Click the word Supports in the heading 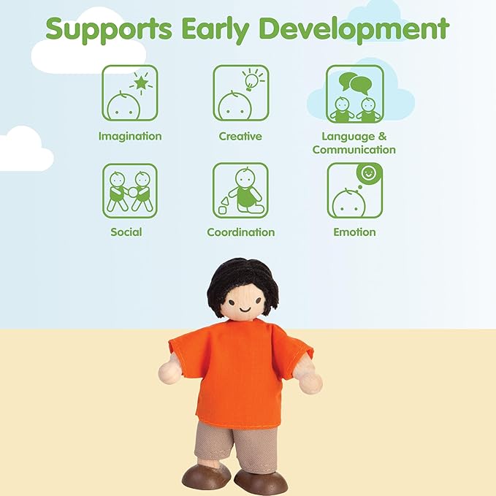109,30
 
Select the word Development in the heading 354,28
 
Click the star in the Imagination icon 141,83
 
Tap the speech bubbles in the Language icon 356,83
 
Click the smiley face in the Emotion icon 368,173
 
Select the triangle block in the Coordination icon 224,201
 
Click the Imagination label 130,137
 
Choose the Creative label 240,137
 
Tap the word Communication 354,150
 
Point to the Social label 126,232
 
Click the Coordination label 241,232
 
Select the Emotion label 354,232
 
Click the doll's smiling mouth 245,308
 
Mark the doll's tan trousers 237,446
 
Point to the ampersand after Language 382,137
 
